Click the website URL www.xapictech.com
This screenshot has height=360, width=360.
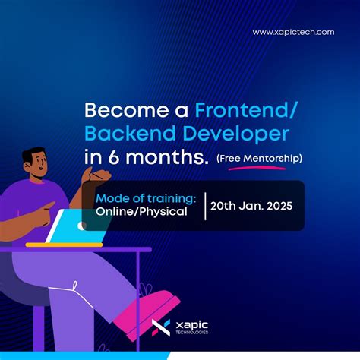[x=293, y=32]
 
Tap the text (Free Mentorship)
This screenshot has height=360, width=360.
[x=259, y=159]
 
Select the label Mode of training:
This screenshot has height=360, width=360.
[x=146, y=198]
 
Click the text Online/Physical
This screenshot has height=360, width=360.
[x=141, y=212]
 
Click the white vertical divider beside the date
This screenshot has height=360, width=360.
[x=205, y=206]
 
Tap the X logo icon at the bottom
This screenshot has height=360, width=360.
[x=161, y=327]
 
